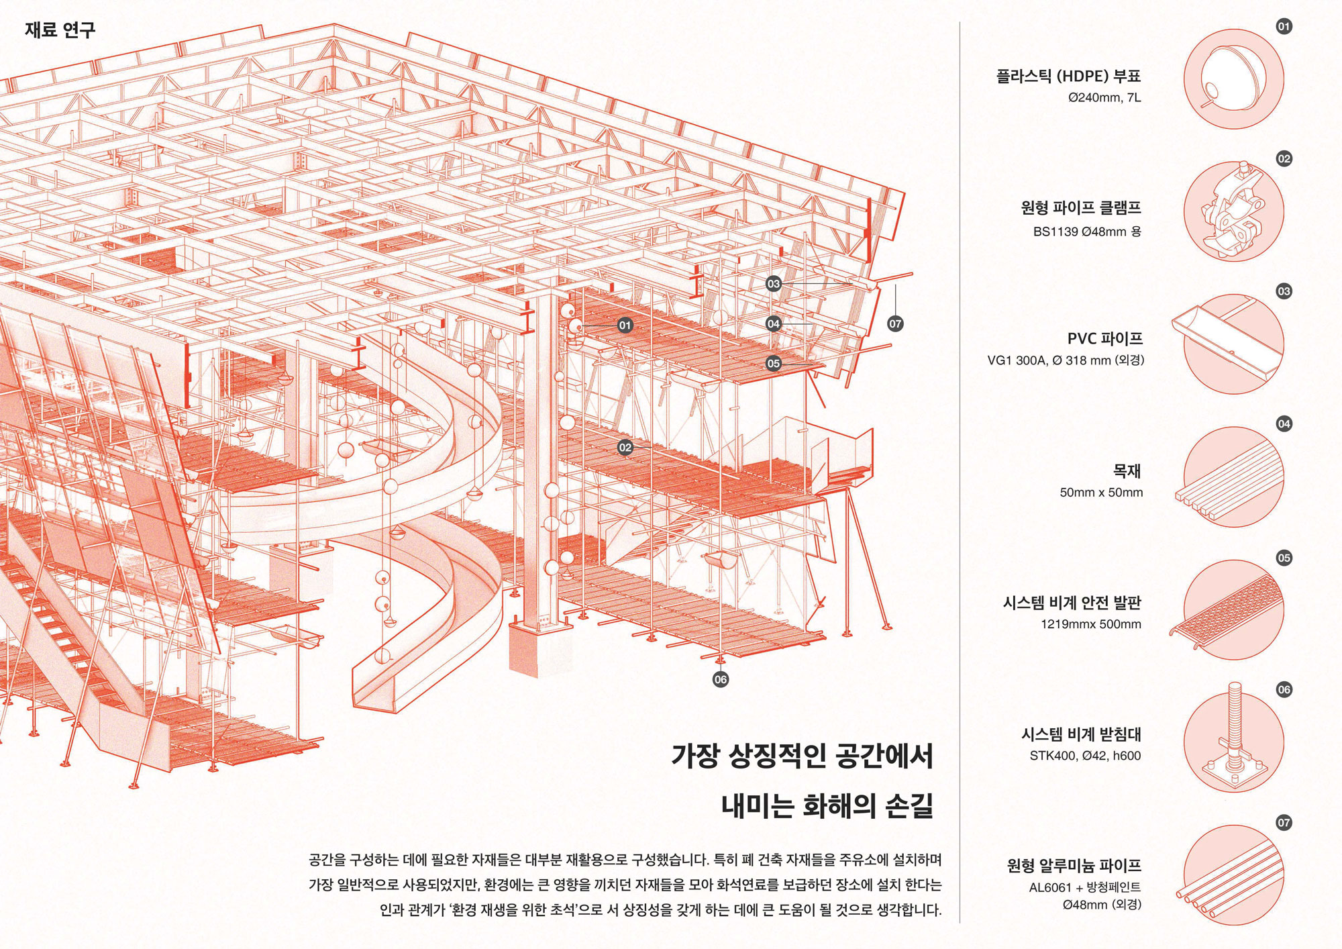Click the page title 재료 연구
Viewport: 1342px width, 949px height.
[x=60, y=30]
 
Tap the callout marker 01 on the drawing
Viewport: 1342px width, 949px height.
[x=625, y=326]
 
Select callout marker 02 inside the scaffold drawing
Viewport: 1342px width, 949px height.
[x=625, y=448]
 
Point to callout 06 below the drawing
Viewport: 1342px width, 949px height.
[x=720, y=679]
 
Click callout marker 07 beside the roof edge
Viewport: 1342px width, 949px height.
[x=895, y=323]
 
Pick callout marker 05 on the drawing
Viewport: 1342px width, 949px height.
[x=774, y=363]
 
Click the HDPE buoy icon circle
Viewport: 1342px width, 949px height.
[x=1233, y=79]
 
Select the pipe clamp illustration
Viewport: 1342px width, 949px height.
[x=1233, y=211]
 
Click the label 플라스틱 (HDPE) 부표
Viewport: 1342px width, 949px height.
[x=1068, y=76]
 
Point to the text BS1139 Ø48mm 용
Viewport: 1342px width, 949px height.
[x=1087, y=232]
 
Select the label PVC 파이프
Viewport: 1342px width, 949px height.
[x=1104, y=339]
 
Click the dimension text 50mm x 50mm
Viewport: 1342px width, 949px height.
[x=1101, y=493]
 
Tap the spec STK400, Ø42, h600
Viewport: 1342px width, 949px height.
[x=1085, y=756]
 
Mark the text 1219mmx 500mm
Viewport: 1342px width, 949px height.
[x=1091, y=624]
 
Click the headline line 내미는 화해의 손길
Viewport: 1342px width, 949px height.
[x=827, y=805]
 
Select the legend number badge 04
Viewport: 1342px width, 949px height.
[x=1284, y=424]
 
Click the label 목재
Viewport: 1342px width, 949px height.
[x=1127, y=471]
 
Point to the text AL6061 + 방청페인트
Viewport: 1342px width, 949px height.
[x=1085, y=887]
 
